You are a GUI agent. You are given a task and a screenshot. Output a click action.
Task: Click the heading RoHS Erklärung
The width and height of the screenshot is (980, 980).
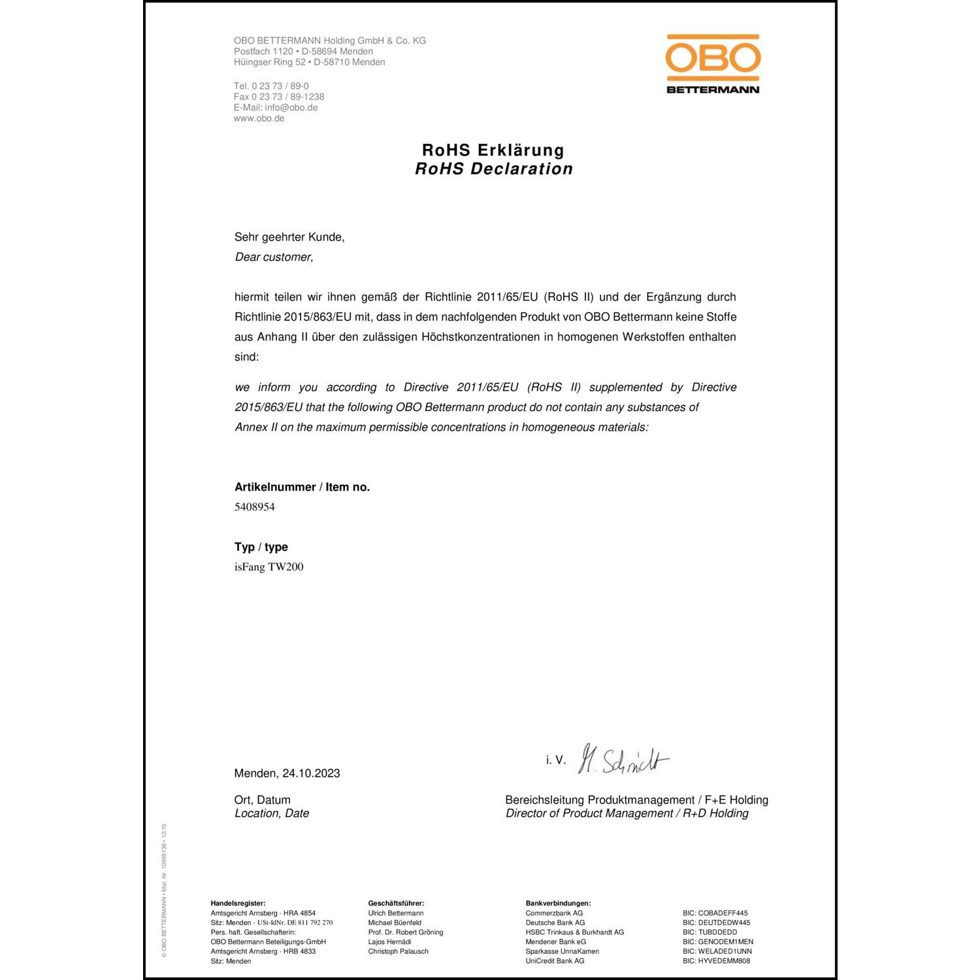click(x=493, y=150)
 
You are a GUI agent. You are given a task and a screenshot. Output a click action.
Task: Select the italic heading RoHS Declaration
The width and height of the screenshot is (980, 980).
click(x=494, y=169)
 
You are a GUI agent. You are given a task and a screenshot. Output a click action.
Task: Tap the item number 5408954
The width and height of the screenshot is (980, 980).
click(x=255, y=507)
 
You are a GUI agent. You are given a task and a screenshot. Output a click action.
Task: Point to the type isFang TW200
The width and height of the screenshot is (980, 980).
click(x=269, y=567)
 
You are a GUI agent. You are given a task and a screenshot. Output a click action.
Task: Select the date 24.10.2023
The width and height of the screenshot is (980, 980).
click(x=311, y=774)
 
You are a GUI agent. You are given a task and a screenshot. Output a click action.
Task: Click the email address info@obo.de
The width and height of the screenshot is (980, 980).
click(x=291, y=108)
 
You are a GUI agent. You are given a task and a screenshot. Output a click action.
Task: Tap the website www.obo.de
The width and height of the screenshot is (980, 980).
click(x=259, y=118)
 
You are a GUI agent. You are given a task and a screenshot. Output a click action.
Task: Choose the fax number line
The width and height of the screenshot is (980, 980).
click(x=279, y=97)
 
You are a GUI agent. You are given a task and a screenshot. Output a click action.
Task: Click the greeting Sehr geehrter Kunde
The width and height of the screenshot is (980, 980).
click(x=289, y=237)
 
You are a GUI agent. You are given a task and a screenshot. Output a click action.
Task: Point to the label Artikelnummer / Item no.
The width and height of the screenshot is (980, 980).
click(x=302, y=487)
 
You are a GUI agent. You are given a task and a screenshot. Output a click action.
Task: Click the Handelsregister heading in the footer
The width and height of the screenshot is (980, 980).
click(x=238, y=904)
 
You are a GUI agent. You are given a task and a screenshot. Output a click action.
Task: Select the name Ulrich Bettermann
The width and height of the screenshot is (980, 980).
click(x=396, y=913)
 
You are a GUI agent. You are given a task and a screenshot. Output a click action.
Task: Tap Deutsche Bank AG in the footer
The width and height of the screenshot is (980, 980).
click(x=555, y=923)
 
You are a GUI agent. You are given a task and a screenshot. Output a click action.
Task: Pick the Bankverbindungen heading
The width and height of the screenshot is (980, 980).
click(x=558, y=904)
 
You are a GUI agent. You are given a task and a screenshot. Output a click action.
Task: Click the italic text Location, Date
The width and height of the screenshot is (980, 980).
click(x=272, y=813)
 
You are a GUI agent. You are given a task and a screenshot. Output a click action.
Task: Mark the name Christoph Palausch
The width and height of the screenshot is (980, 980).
click(x=399, y=951)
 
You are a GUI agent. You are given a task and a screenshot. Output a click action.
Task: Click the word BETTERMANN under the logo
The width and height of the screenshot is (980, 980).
click(x=713, y=90)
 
